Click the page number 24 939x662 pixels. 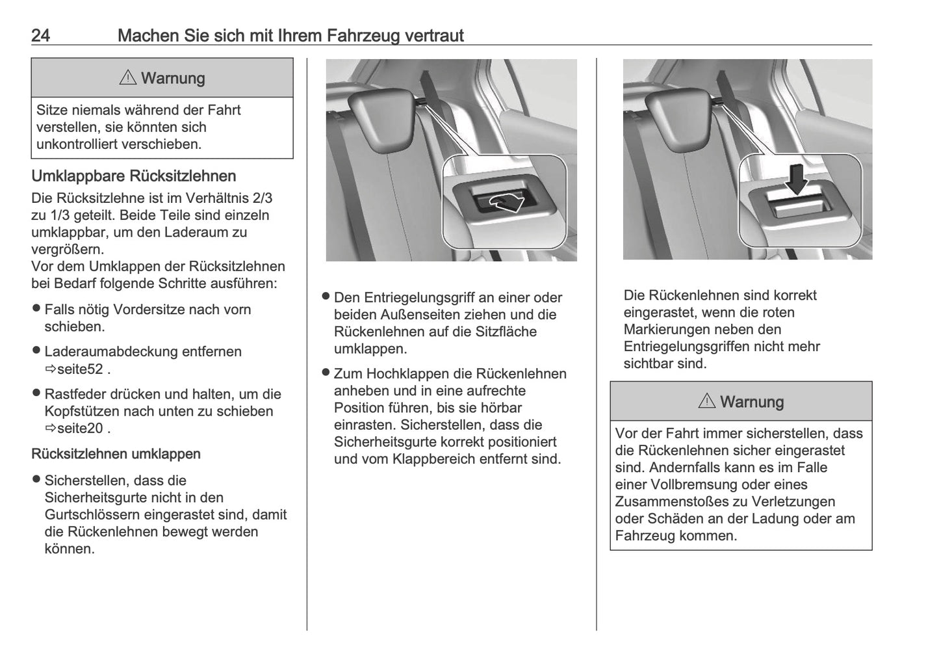pyautogui.click(x=40, y=35)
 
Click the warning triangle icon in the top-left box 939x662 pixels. pyautogui.click(x=128, y=78)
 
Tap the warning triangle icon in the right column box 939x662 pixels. pyautogui.click(x=707, y=402)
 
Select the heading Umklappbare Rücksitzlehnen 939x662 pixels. pyautogui.click(x=133, y=176)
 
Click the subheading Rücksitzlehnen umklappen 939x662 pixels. pyautogui.click(x=116, y=454)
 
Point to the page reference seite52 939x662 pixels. pyautogui.click(x=81, y=369)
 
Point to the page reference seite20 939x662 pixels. pyautogui.click(x=81, y=428)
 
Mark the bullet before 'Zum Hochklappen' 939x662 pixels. pyautogui.click(x=326, y=373)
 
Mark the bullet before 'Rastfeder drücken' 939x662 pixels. pyautogui.click(x=36, y=393)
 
